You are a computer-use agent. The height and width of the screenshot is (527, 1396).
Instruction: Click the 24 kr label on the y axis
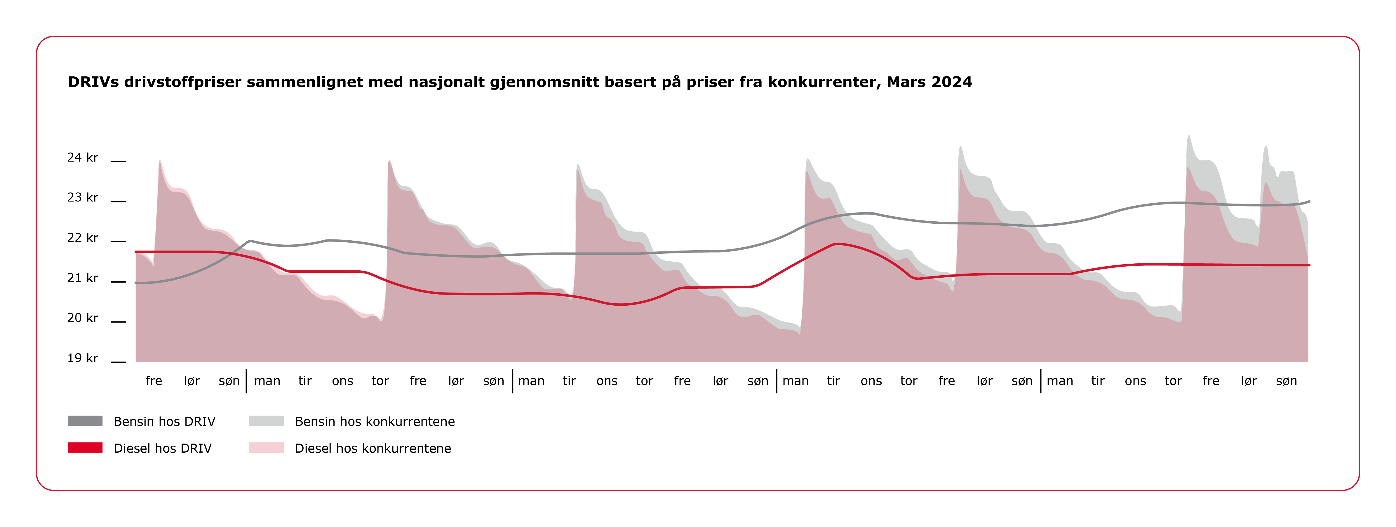tap(82, 157)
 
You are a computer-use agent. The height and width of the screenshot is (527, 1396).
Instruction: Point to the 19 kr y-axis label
tap(82, 358)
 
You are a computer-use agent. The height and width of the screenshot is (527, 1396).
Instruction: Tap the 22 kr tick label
tap(82, 238)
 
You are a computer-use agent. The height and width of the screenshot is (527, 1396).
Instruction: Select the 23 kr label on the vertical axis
tap(82, 198)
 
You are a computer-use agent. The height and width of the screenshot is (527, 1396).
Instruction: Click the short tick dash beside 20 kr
tap(118, 322)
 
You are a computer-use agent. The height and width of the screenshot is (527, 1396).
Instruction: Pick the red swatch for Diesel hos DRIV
tap(85, 447)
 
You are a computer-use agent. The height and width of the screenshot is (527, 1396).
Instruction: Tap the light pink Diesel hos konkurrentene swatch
tap(266, 447)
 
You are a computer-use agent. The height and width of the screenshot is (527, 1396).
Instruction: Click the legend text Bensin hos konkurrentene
tap(375, 421)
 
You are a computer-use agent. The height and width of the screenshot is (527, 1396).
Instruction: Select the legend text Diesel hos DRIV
tap(163, 449)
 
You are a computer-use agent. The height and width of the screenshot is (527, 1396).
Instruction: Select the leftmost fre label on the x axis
tap(154, 381)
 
